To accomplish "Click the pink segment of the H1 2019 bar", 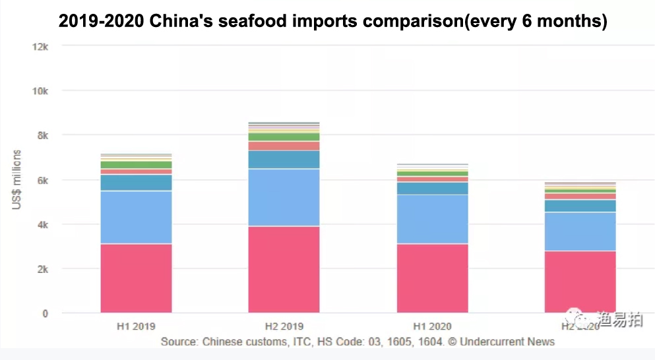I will tap(136, 278).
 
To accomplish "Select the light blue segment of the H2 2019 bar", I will tap(284, 197).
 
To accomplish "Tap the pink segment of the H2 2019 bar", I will tap(284, 269).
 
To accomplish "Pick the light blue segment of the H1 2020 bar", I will tap(432, 219).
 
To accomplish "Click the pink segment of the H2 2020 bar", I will tap(580, 282).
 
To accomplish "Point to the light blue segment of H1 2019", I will tap(136, 217).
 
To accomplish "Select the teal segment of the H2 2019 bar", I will tap(284, 160).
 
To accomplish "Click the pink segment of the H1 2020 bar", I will tap(432, 278).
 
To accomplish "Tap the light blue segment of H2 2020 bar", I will tap(580, 231).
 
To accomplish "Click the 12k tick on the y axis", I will tap(40, 46).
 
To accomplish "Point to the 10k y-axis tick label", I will tap(40, 91).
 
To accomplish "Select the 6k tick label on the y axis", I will tap(42, 180).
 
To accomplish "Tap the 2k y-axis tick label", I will tap(42, 269).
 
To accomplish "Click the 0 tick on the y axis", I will tap(45, 313).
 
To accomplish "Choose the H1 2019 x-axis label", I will tap(136, 326).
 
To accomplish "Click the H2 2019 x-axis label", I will tap(284, 326).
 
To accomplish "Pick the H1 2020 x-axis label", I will tap(432, 326).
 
